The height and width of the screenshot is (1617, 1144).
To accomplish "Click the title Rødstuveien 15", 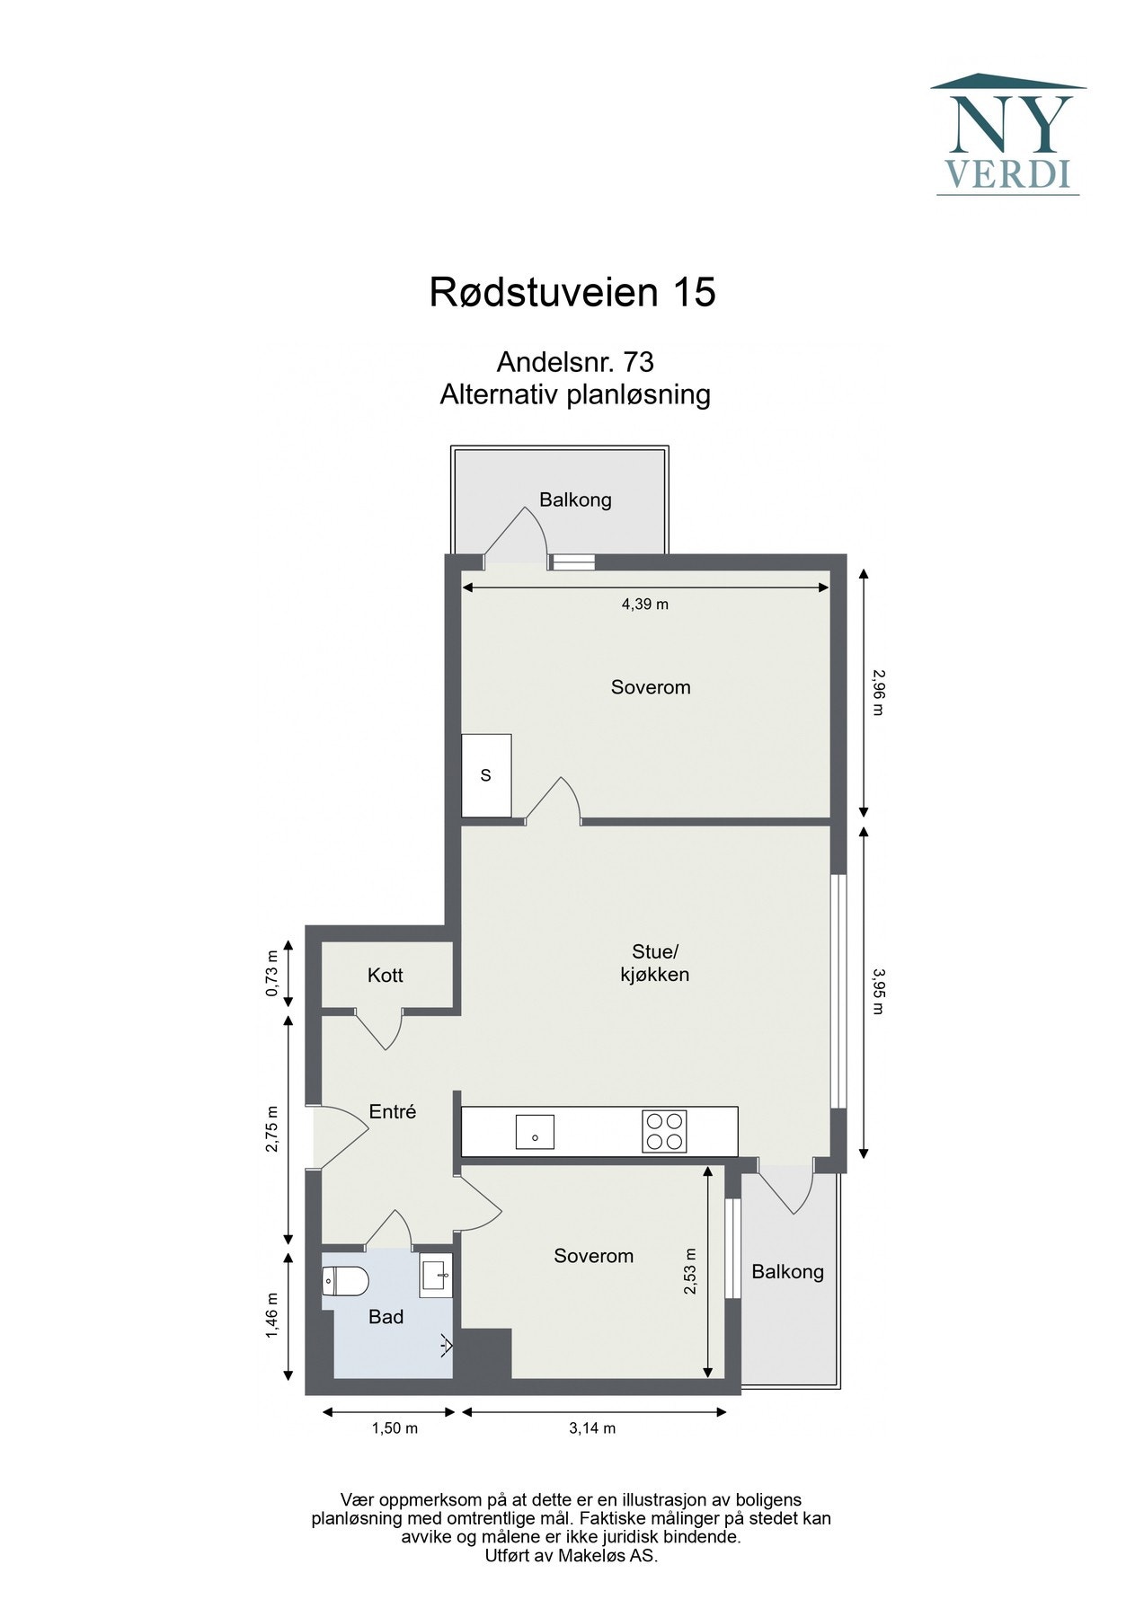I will pos(572,293).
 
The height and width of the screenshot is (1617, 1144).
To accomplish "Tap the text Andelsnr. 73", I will pos(574,362).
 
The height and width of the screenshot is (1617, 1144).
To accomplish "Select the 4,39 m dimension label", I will pos(644,605).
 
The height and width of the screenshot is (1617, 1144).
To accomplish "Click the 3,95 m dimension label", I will pos(877,990).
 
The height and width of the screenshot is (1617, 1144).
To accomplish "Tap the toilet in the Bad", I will pos(345,1281).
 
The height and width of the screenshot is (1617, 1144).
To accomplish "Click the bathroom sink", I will pos(436,1277).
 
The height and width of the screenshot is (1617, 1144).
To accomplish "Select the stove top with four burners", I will pos(664,1131).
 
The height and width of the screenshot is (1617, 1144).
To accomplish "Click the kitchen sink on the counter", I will pos(534,1132).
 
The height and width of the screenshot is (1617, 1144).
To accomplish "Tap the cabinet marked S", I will pos(486,775).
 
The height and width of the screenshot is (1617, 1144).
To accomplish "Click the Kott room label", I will pos(385,976).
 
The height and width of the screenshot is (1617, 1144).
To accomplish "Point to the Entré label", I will pos(393,1112).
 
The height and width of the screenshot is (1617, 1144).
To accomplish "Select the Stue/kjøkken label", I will pos(654,963).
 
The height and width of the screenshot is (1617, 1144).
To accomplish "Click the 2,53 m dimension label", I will pos(690,1271).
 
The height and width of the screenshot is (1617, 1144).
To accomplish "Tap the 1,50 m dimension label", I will pos(395,1428).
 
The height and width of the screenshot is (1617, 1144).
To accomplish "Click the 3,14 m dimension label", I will pos(592,1428).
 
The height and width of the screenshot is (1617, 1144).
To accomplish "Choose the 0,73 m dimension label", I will pos(271,974).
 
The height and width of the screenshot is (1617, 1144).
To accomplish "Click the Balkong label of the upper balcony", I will pos(575,500).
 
